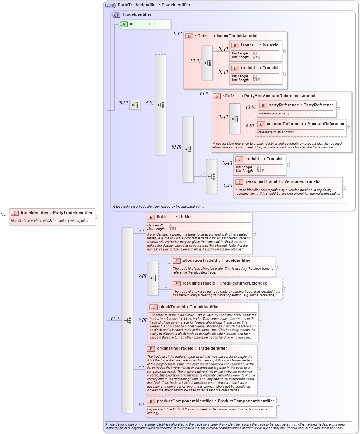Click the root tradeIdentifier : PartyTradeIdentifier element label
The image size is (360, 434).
click(56, 212)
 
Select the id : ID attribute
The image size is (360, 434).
click(142, 24)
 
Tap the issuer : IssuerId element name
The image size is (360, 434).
click(260, 45)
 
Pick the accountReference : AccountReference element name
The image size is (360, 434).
click(305, 124)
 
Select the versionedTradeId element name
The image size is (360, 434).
click(282, 182)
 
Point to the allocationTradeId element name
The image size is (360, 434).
click(216, 261)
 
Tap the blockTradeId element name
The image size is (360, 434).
click(189, 307)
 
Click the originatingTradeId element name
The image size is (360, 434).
click(192, 349)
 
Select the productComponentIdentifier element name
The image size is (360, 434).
click(215, 401)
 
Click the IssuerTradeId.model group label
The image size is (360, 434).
click(226, 36)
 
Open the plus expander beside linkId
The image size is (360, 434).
click(254, 233)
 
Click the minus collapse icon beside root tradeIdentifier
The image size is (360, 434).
click(96, 217)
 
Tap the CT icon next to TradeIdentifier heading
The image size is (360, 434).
click(116, 15)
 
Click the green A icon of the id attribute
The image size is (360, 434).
click(124, 24)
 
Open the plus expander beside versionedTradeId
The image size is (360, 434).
click(344, 188)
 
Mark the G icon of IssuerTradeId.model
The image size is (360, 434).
click(189, 36)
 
